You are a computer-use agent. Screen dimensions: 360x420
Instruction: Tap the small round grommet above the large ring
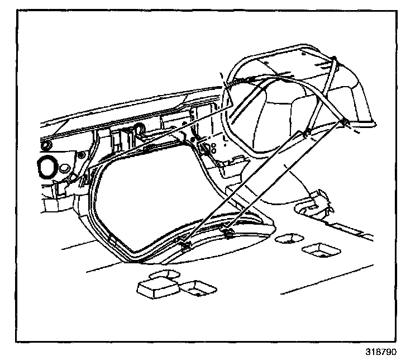[x=45, y=145]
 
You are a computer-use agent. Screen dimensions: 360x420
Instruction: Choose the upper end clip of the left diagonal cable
[x=304, y=133]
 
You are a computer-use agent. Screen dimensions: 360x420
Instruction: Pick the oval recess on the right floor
[x=289, y=239]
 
